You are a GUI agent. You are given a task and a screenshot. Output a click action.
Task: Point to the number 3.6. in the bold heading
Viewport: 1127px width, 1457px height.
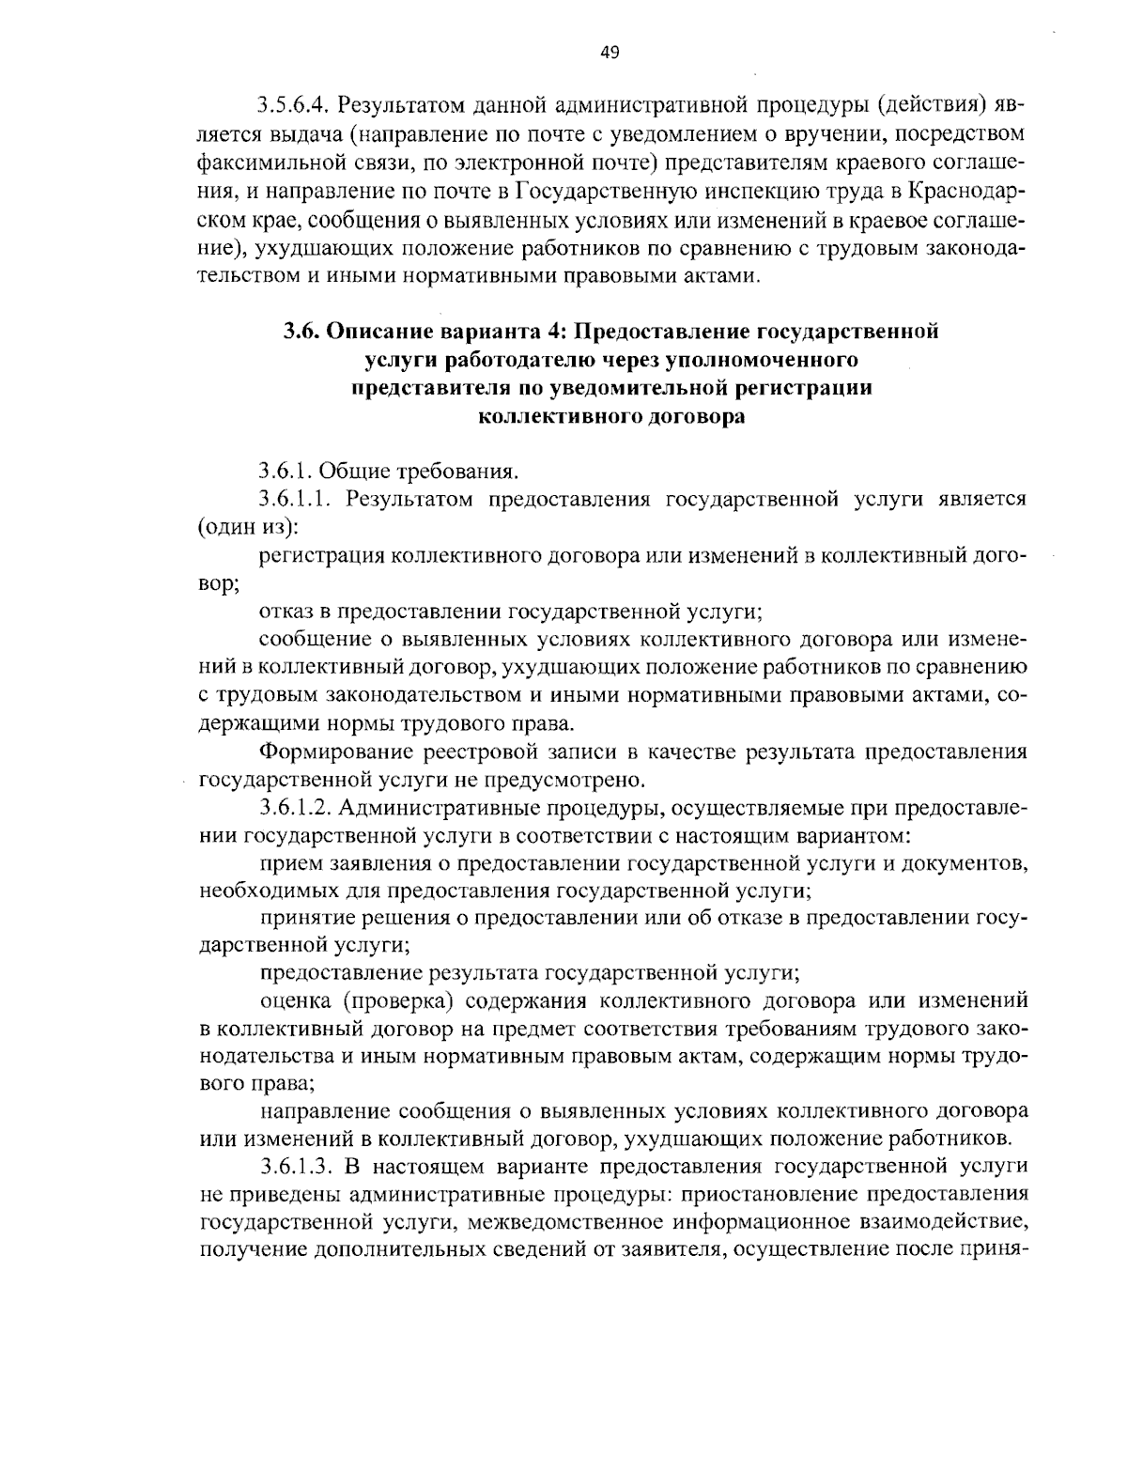[x=301, y=332]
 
